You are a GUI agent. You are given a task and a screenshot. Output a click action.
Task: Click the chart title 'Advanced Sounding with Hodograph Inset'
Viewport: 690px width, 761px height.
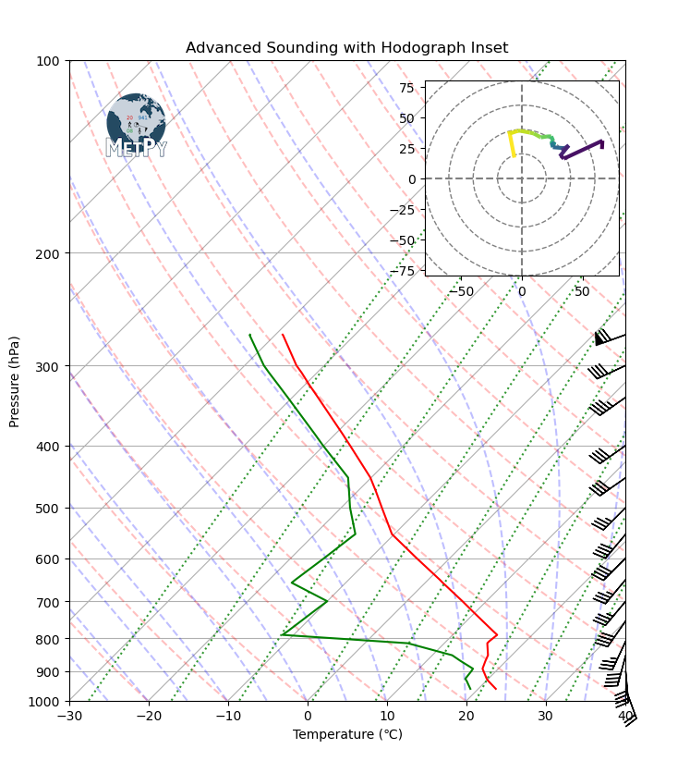[x=346, y=47]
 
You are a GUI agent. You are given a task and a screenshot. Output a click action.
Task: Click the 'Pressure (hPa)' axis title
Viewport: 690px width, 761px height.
[x=15, y=380]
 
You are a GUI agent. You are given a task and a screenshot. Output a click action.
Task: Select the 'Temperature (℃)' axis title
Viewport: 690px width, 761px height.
[x=347, y=734]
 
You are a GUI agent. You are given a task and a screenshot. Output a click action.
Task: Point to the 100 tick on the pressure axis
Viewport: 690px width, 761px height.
[x=48, y=61]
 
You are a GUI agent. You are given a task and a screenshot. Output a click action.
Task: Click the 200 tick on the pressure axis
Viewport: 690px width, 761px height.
[x=48, y=253]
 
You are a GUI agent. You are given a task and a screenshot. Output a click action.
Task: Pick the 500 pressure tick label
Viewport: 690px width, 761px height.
[x=48, y=509]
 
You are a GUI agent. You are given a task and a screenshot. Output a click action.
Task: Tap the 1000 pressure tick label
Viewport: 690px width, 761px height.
[x=45, y=701]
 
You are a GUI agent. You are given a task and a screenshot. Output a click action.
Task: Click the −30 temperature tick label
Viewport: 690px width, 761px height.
[x=69, y=716]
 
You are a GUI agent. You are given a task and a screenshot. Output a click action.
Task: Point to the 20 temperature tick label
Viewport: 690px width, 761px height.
[x=466, y=716]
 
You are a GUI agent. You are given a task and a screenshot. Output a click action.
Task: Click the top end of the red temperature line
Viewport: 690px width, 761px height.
[x=283, y=335]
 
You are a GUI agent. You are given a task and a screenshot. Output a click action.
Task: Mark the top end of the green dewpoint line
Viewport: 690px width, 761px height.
[x=249, y=335]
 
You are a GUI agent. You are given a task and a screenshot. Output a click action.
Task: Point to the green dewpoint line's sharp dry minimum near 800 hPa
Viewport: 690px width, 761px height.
[x=283, y=634]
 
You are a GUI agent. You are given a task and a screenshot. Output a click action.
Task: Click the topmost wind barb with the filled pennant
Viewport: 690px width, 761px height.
[x=601, y=338]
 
